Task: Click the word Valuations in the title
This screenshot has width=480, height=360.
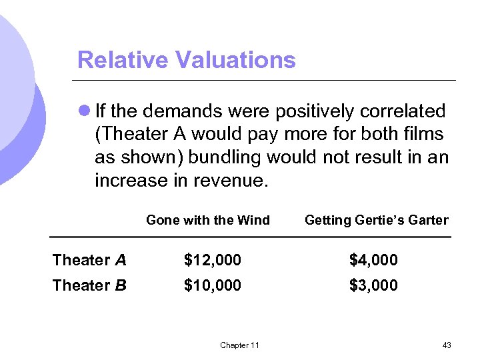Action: click(x=235, y=60)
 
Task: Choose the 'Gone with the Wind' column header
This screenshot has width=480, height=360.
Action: click(x=208, y=221)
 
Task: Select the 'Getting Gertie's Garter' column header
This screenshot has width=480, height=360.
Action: click(x=376, y=221)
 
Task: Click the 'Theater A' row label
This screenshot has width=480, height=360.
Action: click(x=89, y=259)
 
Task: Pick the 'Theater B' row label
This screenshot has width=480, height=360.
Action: click(x=89, y=285)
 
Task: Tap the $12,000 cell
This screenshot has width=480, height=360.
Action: click(x=213, y=259)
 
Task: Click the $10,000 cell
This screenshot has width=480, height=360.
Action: click(x=213, y=285)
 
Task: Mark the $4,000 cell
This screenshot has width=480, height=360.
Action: click(x=373, y=259)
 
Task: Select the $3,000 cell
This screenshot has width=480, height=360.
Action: click(x=373, y=285)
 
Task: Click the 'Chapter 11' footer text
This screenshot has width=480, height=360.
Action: click(x=239, y=345)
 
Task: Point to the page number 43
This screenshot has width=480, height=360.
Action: click(x=447, y=345)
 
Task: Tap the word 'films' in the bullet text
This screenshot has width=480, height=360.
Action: click(x=426, y=134)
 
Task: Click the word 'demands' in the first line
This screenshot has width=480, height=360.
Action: click(x=185, y=111)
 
